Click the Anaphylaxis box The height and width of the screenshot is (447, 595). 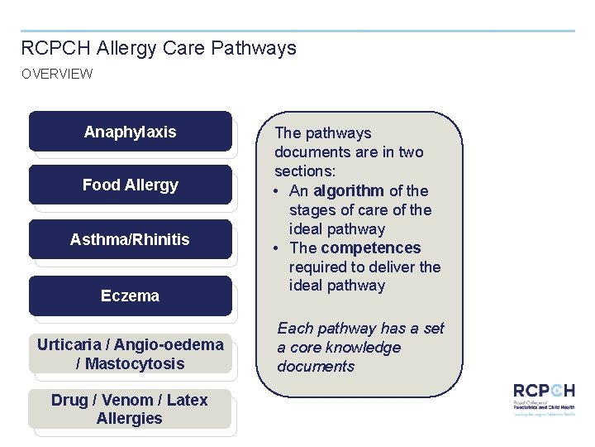pyautogui.click(x=130, y=132)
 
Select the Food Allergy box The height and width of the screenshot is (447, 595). pyautogui.click(x=130, y=185)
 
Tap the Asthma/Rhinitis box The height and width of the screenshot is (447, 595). pyautogui.click(x=130, y=240)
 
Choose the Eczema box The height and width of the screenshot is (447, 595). pyautogui.click(x=130, y=296)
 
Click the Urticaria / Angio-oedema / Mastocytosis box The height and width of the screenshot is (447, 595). pyautogui.click(x=130, y=354)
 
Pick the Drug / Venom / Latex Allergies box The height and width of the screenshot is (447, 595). pyautogui.click(x=130, y=409)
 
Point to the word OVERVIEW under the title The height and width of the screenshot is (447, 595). pyautogui.click(x=57, y=74)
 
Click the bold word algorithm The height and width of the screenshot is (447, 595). pyautogui.click(x=349, y=190)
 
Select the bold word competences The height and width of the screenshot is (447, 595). pyautogui.click(x=371, y=248)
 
